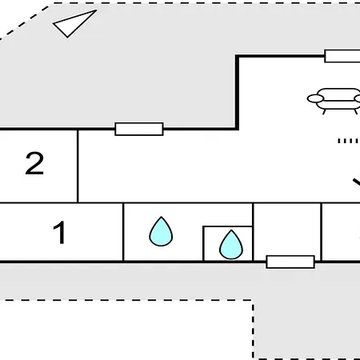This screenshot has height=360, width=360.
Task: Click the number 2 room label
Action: (34, 163)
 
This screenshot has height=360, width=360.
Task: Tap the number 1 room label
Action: (60, 232)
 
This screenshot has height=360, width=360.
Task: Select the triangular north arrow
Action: (73, 23)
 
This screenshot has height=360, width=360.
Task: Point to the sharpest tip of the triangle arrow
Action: (96, 10)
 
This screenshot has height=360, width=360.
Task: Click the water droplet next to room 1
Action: (161, 231)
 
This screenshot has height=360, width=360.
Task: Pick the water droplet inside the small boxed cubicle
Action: (231, 245)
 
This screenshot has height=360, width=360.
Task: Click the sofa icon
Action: (334, 101)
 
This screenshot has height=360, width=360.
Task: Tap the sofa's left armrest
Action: (315, 98)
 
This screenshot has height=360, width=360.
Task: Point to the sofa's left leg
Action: (324, 112)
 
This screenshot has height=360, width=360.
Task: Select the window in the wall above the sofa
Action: (342, 56)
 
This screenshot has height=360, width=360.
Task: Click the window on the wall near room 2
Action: (139, 129)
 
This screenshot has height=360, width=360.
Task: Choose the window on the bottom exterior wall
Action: (290, 262)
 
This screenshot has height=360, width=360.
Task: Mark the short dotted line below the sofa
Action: (348, 141)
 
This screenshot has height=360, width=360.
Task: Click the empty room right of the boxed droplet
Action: (287, 230)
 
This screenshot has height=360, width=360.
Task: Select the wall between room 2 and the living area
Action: (78, 166)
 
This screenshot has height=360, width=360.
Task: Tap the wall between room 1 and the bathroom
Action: (123, 232)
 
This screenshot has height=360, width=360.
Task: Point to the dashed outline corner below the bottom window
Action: (253, 300)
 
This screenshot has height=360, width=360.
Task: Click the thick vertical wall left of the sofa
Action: (237, 92)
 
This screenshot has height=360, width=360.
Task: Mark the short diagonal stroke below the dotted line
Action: (357, 182)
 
